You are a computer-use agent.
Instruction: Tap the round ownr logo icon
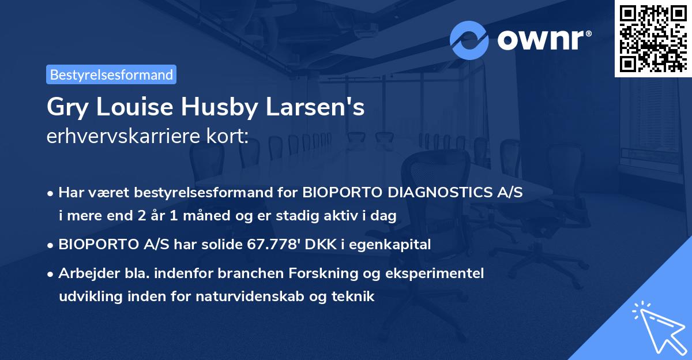[x=469, y=40]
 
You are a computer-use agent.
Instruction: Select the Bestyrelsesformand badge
[x=111, y=74]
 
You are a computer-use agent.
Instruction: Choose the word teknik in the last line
[x=355, y=297]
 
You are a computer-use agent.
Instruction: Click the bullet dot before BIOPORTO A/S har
[x=52, y=245]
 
